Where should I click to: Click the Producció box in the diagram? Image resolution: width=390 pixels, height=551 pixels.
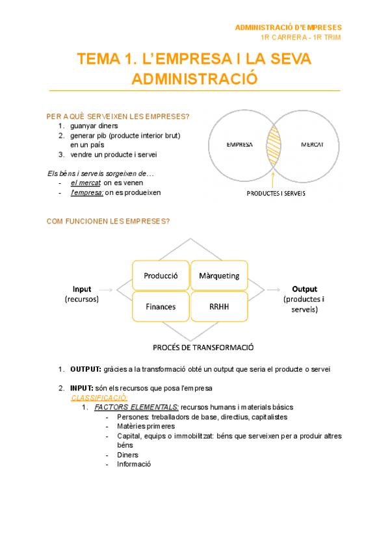[161, 275]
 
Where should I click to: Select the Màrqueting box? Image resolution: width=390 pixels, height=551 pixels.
[219, 275]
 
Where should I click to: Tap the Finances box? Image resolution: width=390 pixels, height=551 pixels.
[161, 306]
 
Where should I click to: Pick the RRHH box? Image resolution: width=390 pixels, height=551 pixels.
[219, 306]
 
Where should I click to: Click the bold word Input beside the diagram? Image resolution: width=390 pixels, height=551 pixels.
[82, 289]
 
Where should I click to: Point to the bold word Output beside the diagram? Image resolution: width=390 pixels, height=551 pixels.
[304, 289]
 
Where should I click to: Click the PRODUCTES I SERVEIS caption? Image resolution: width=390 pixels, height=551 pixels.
[276, 193]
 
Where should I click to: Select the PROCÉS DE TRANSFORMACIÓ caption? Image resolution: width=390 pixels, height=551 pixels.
[203, 348]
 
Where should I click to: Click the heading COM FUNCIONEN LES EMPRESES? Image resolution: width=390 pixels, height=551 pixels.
[109, 222]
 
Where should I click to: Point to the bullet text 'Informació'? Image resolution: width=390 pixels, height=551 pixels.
[134, 465]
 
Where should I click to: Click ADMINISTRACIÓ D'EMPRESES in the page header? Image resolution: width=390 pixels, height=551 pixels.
[288, 27]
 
